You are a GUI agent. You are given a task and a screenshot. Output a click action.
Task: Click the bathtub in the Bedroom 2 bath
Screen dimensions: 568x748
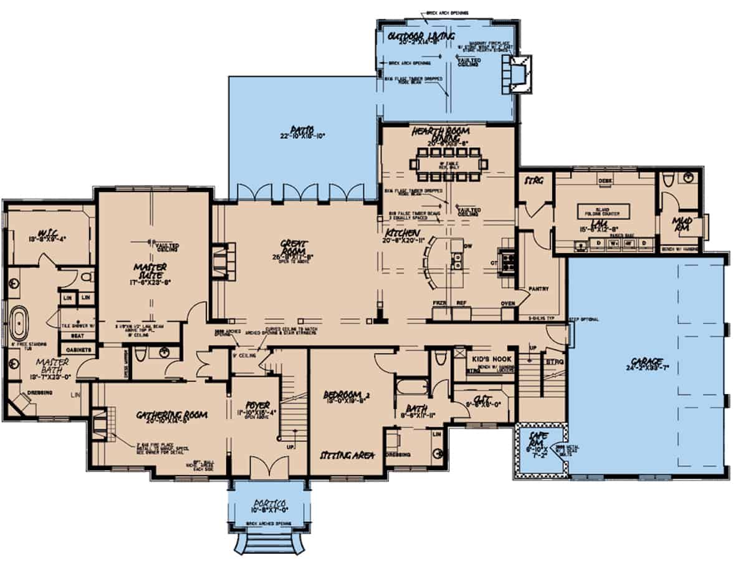pos(411,388)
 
